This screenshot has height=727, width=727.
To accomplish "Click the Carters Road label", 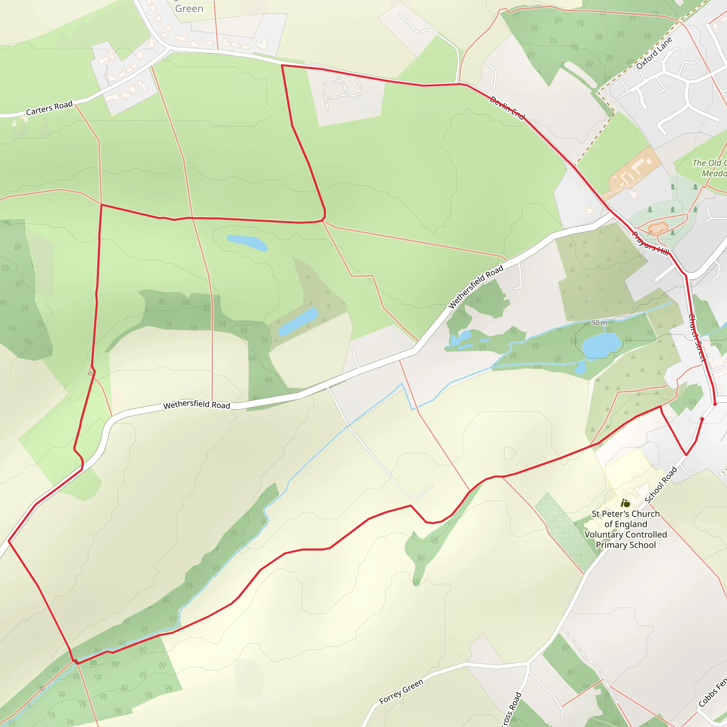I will (49, 108).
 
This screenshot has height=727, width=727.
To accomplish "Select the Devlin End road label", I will (507, 108).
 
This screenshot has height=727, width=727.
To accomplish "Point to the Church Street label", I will (696, 338).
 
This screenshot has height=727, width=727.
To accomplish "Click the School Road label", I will (661, 485).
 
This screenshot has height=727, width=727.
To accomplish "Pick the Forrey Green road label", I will (401, 691).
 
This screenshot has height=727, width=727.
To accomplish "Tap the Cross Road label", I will (512, 710).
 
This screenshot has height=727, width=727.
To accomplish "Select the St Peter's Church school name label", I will (626, 529).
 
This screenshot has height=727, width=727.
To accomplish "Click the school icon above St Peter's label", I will (625, 503).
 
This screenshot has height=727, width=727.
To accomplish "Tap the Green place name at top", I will (189, 8).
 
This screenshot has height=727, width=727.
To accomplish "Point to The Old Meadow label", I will (710, 168).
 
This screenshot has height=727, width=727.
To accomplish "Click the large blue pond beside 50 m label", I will (601, 345).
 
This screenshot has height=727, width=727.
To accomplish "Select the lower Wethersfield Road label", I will (196, 405).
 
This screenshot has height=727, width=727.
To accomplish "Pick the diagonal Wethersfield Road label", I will (476, 287).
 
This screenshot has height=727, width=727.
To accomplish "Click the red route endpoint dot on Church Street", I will (715, 404).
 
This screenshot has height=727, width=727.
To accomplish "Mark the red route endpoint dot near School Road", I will (702, 419).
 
